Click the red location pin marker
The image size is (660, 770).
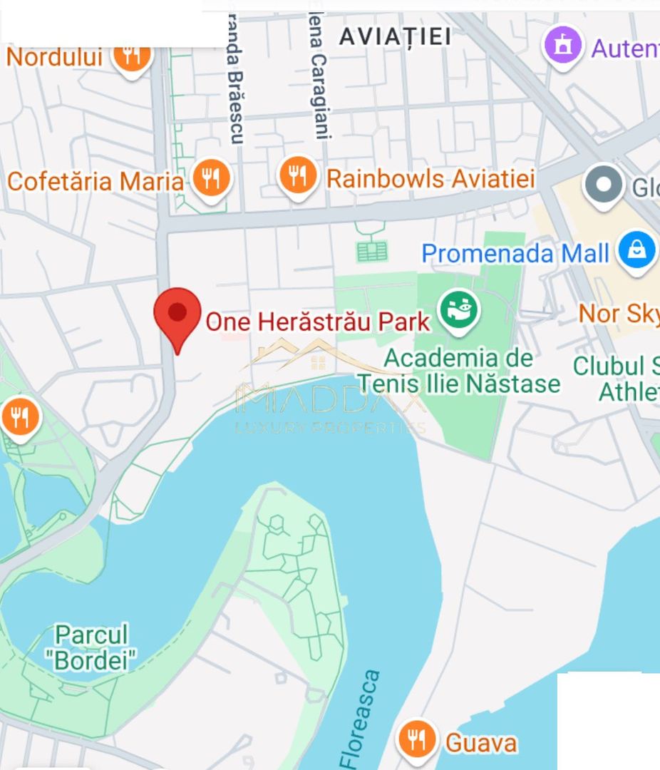177,314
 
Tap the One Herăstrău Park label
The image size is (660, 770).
318,322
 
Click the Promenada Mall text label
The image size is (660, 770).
515,253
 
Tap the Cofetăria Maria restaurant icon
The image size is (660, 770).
211,178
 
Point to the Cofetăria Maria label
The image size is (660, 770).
96,181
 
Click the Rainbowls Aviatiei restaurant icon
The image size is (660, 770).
297,175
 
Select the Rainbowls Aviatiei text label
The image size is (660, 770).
430,178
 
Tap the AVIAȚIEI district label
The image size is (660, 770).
395,36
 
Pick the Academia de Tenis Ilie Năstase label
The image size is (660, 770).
459,371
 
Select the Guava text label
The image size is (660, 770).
481,743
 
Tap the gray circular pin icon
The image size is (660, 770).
604,185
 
